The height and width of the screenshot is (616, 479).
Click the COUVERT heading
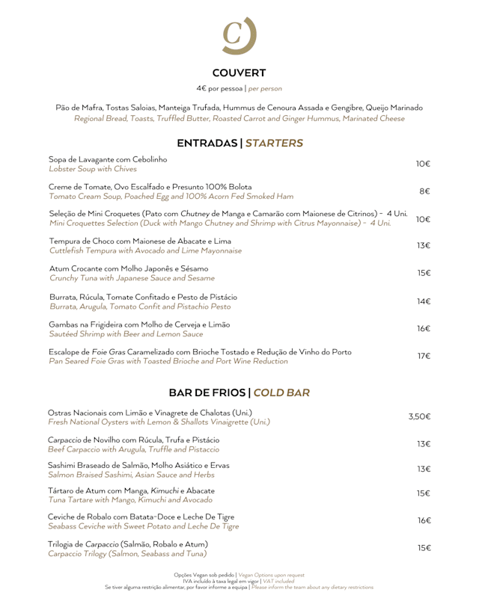point(239,73)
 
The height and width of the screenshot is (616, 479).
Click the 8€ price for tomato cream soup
point(424,191)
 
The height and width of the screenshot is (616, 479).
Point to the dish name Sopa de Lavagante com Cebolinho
point(109,159)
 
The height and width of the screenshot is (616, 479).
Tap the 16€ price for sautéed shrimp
point(423,328)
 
